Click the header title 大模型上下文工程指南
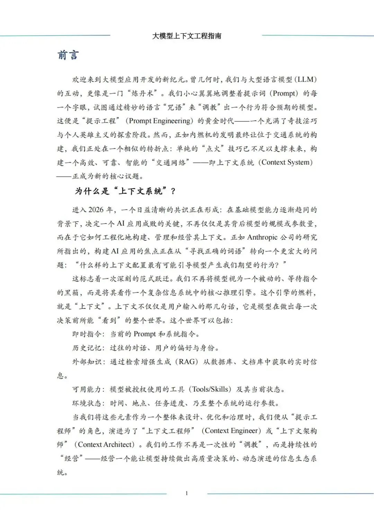[187, 36]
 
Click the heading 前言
[68, 55]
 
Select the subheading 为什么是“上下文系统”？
[125, 191]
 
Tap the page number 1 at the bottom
[187, 493]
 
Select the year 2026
[96, 210]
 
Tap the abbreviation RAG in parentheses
[187, 362]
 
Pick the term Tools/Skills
[211, 389]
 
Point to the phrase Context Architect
[106, 445]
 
